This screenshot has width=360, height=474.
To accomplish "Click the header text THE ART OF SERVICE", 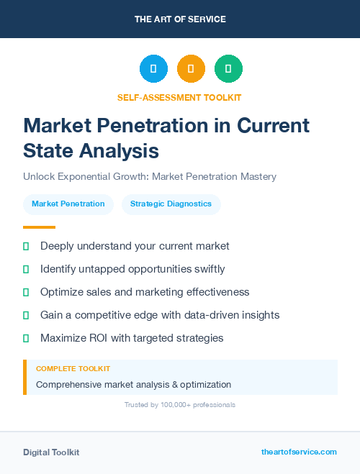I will [x=180, y=19].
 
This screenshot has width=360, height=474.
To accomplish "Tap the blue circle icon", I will [x=153, y=69].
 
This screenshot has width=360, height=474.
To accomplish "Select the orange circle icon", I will [x=191, y=69].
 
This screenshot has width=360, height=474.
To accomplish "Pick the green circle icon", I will [x=228, y=69].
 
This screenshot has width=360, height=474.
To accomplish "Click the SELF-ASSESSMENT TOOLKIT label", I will [x=179, y=97].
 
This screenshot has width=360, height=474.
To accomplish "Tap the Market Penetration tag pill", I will [x=68, y=204].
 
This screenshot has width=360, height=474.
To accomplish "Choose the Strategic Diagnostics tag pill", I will [x=171, y=204].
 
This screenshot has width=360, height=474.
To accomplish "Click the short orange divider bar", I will [x=35, y=227].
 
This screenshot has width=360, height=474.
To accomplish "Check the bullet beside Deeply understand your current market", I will [x=26, y=246].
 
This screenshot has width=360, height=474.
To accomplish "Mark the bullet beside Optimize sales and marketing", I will [x=26, y=292].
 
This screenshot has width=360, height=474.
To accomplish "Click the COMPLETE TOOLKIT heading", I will [x=73, y=368].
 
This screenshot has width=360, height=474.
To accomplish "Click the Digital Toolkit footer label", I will [x=51, y=452].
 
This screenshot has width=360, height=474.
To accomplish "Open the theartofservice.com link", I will [x=299, y=452].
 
